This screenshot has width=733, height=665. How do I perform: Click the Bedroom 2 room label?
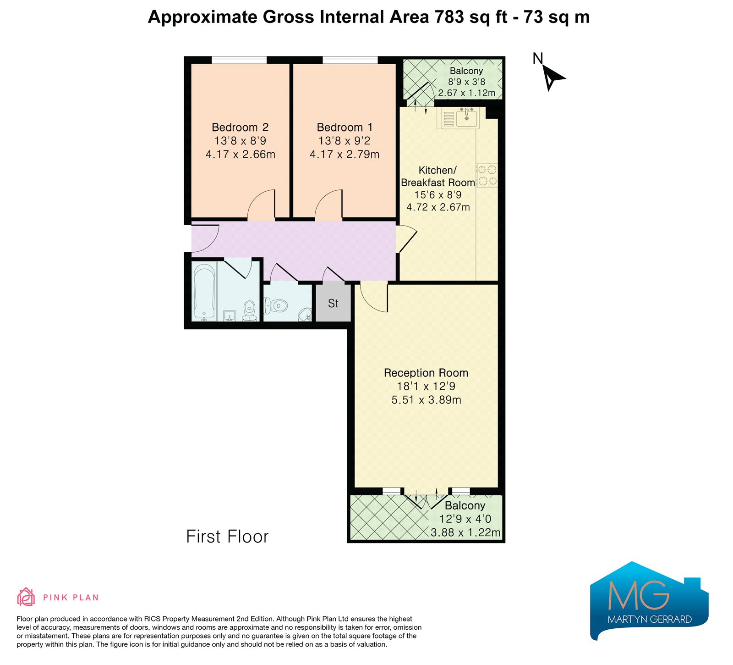240,127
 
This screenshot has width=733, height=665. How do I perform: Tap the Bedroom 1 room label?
345,127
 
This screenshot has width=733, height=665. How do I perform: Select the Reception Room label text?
426,373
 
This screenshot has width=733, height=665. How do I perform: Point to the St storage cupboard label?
333,303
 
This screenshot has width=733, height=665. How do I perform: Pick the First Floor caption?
227,537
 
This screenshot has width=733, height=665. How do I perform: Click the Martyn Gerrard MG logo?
649,601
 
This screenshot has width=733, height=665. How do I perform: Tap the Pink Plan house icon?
26,597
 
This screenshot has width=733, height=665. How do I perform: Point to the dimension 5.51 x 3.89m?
426,400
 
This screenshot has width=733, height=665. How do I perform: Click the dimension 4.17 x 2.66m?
241,155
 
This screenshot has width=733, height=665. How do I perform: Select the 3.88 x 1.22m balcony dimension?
465,532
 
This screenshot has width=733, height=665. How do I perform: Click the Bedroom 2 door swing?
262,205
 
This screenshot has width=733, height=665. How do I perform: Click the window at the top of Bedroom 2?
239,60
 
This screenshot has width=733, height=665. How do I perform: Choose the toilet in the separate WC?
276,305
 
